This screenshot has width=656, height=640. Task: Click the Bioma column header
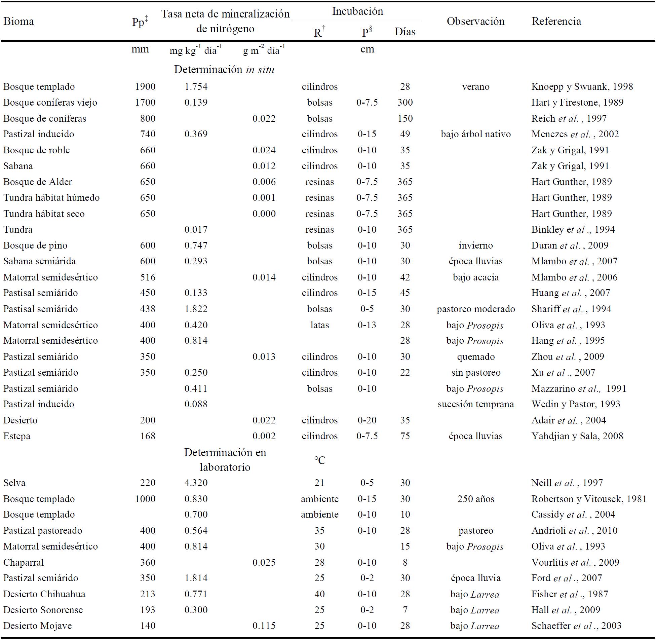coord(18,22)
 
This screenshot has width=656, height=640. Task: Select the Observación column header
coord(475,22)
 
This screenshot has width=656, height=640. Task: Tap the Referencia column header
coord(556,22)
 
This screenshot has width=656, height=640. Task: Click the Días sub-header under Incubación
coord(405,32)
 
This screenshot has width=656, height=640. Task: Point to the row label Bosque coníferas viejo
coord(50,103)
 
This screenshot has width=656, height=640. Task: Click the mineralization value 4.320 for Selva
coord(196,483)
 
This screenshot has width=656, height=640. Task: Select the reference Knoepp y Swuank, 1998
coord(582,87)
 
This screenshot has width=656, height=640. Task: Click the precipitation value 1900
coord(145,87)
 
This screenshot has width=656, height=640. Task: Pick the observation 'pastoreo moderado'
coord(476,309)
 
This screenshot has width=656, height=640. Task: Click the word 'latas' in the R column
coord(319,325)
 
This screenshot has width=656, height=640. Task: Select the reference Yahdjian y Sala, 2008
coord(577,436)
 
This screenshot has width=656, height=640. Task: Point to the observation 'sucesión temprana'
coord(476,404)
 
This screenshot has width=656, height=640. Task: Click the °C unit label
coord(320,460)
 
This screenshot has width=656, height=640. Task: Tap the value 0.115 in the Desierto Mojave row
coord(264,626)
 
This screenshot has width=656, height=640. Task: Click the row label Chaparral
coord(24,562)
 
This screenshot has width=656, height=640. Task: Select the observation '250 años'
coord(476,499)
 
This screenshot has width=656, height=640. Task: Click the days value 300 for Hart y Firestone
coord(405,103)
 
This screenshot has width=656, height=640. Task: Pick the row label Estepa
coord(17,436)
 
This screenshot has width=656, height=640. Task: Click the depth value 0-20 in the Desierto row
coord(367,420)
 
